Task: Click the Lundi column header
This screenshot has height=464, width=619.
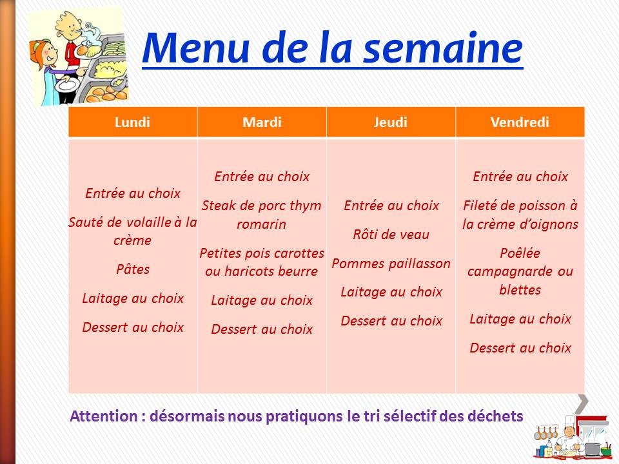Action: [132, 122]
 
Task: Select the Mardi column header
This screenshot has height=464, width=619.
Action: [262, 122]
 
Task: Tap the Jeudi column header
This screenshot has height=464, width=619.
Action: [391, 122]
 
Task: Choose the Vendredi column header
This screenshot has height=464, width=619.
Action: [520, 122]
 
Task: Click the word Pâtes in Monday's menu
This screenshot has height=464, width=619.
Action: [133, 269]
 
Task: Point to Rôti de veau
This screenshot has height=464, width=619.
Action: [391, 234]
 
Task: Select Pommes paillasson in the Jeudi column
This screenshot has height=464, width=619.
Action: [391, 263]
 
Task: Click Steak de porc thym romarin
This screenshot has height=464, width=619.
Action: [262, 215]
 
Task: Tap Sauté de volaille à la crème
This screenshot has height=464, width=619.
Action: [133, 231]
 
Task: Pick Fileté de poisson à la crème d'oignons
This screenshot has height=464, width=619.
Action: [520, 215]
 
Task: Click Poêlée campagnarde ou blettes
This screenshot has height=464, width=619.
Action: [520, 271]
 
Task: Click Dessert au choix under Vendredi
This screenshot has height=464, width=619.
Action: [520, 348]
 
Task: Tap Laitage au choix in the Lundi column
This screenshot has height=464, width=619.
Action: [133, 298]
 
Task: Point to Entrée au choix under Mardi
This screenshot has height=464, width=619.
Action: [262, 177]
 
